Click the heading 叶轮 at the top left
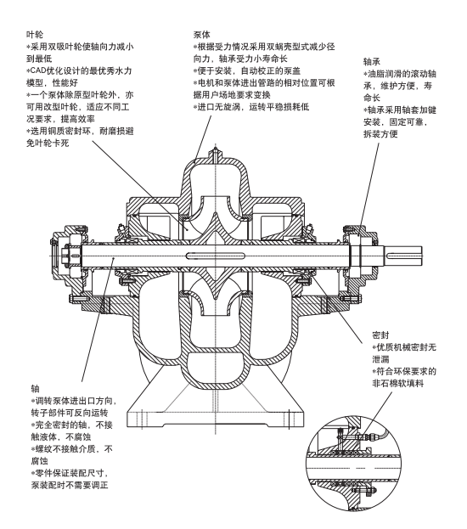tap(35, 35)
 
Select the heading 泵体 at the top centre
tap(202, 35)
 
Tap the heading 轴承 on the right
tap(372, 62)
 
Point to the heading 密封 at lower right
tap(380, 335)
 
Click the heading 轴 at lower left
tap(35, 389)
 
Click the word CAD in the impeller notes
tap(38, 70)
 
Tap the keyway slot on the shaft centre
tap(215, 256)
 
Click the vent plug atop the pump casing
tap(216, 153)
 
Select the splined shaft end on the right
tap(404, 256)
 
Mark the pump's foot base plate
tap(215, 418)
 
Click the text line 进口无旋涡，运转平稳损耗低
tap(251, 107)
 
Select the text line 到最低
tap(39, 59)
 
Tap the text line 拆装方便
tap(380, 134)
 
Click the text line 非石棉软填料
tap(398, 384)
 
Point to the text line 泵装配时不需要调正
tap(70, 485)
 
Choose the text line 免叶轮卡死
tap(48, 143)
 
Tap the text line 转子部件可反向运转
tap(70, 413)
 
